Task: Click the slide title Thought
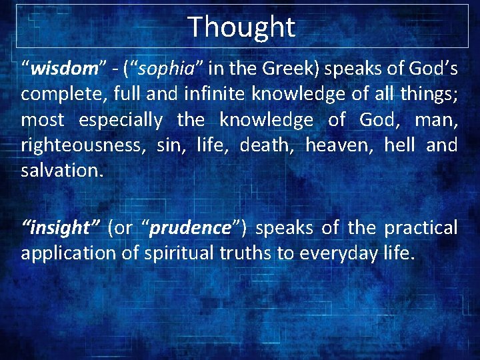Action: [x=241, y=27]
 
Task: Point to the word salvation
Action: [x=61, y=170]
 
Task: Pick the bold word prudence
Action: [x=189, y=228]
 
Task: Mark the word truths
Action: [x=239, y=253]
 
